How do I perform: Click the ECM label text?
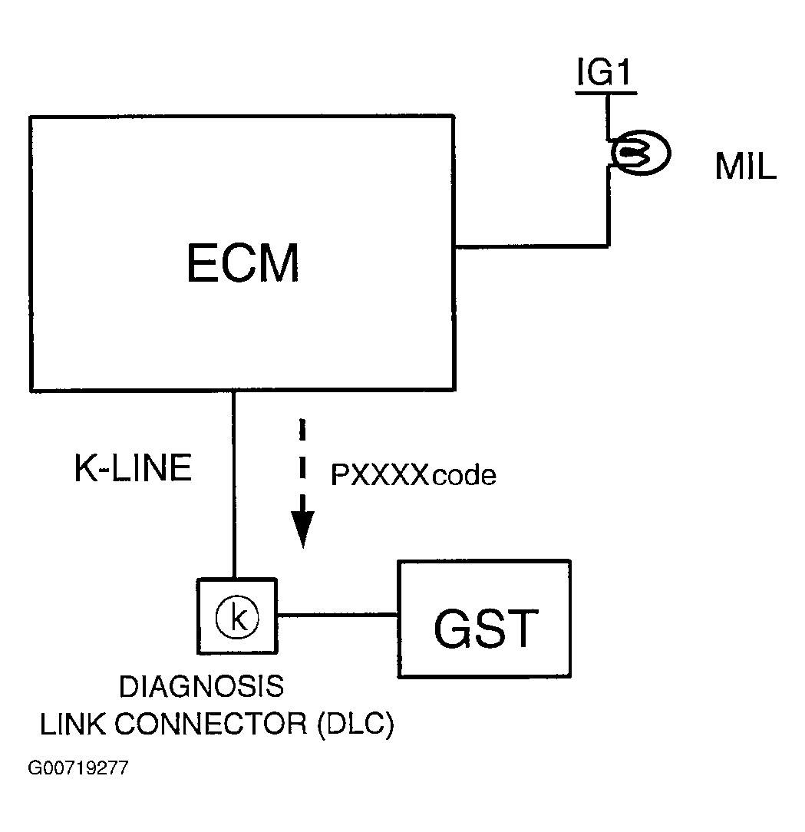[x=242, y=262]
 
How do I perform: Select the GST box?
[x=484, y=619]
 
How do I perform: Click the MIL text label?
[x=745, y=168]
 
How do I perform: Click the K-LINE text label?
[x=133, y=469]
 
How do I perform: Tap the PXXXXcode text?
[x=413, y=476]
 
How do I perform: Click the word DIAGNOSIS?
[x=201, y=687]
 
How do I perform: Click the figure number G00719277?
[x=78, y=768]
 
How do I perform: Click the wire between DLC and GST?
[x=337, y=615]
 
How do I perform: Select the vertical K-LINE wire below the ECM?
[x=234, y=484]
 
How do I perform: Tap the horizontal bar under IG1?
[x=605, y=93]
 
